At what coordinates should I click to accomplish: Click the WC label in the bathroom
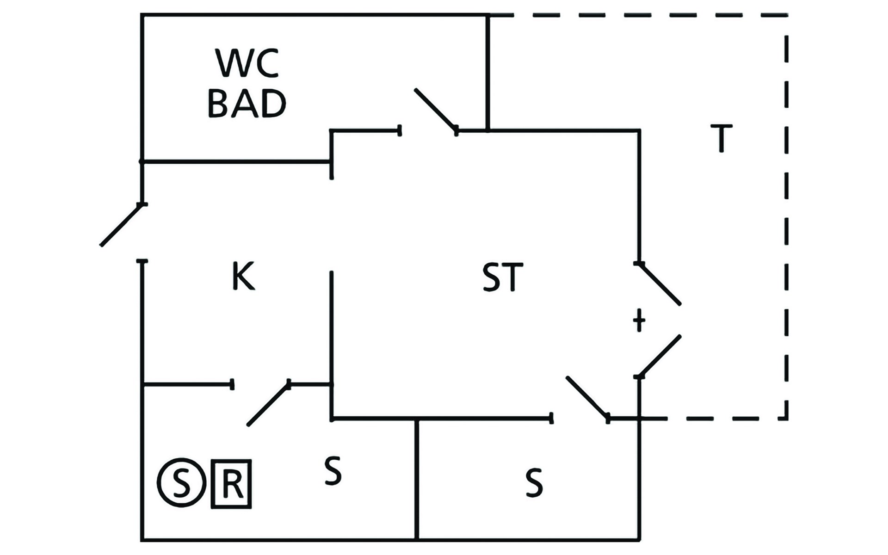pos(247,63)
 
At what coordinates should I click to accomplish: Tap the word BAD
pos(247,104)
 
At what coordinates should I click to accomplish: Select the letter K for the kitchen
pos(243,276)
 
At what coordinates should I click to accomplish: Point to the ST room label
pos(502,277)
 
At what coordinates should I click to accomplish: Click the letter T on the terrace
pos(721,138)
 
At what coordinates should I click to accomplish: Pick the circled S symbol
pos(181,484)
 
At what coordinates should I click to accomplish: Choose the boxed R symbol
pos(231,484)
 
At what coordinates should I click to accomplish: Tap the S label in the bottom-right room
pos(534,483)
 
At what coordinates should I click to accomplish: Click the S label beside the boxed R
pos(333,471)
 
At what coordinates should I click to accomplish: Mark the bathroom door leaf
pos(435,110)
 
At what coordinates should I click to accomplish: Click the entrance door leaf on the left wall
pos(121,225)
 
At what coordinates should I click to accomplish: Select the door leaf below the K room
pos(268,404)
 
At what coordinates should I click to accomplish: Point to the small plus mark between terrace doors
pos(639,320)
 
